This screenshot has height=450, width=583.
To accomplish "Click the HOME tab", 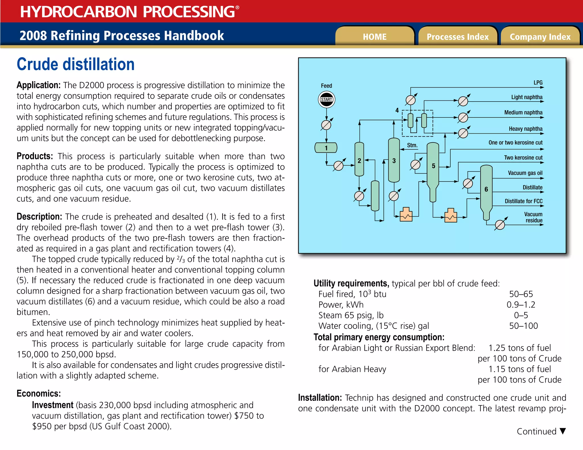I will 374,37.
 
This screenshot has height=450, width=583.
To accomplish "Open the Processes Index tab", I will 457,37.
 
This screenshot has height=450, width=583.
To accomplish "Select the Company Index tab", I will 540,37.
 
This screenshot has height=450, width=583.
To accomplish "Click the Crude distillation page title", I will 75,64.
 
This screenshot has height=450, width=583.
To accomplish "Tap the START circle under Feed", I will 326,100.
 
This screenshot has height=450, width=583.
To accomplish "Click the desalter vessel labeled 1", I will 326,148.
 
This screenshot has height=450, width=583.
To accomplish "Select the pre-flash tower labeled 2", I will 359,159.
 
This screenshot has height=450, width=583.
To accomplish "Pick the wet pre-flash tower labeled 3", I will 394,160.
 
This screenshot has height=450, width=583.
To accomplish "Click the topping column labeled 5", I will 433,168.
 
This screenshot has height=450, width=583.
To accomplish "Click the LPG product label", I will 538,82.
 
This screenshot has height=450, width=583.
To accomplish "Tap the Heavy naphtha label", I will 525,129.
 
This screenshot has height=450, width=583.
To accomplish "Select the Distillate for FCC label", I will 524,201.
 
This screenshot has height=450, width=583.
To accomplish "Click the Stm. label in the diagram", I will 412,145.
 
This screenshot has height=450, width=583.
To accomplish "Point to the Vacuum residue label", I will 533,217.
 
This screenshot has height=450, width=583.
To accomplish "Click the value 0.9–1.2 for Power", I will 521,305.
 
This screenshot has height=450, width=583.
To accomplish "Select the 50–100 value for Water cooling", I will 523,326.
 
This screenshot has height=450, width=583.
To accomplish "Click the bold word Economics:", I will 39,393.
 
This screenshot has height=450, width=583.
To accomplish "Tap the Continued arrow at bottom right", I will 563,431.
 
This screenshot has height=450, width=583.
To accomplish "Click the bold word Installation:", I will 320,398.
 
